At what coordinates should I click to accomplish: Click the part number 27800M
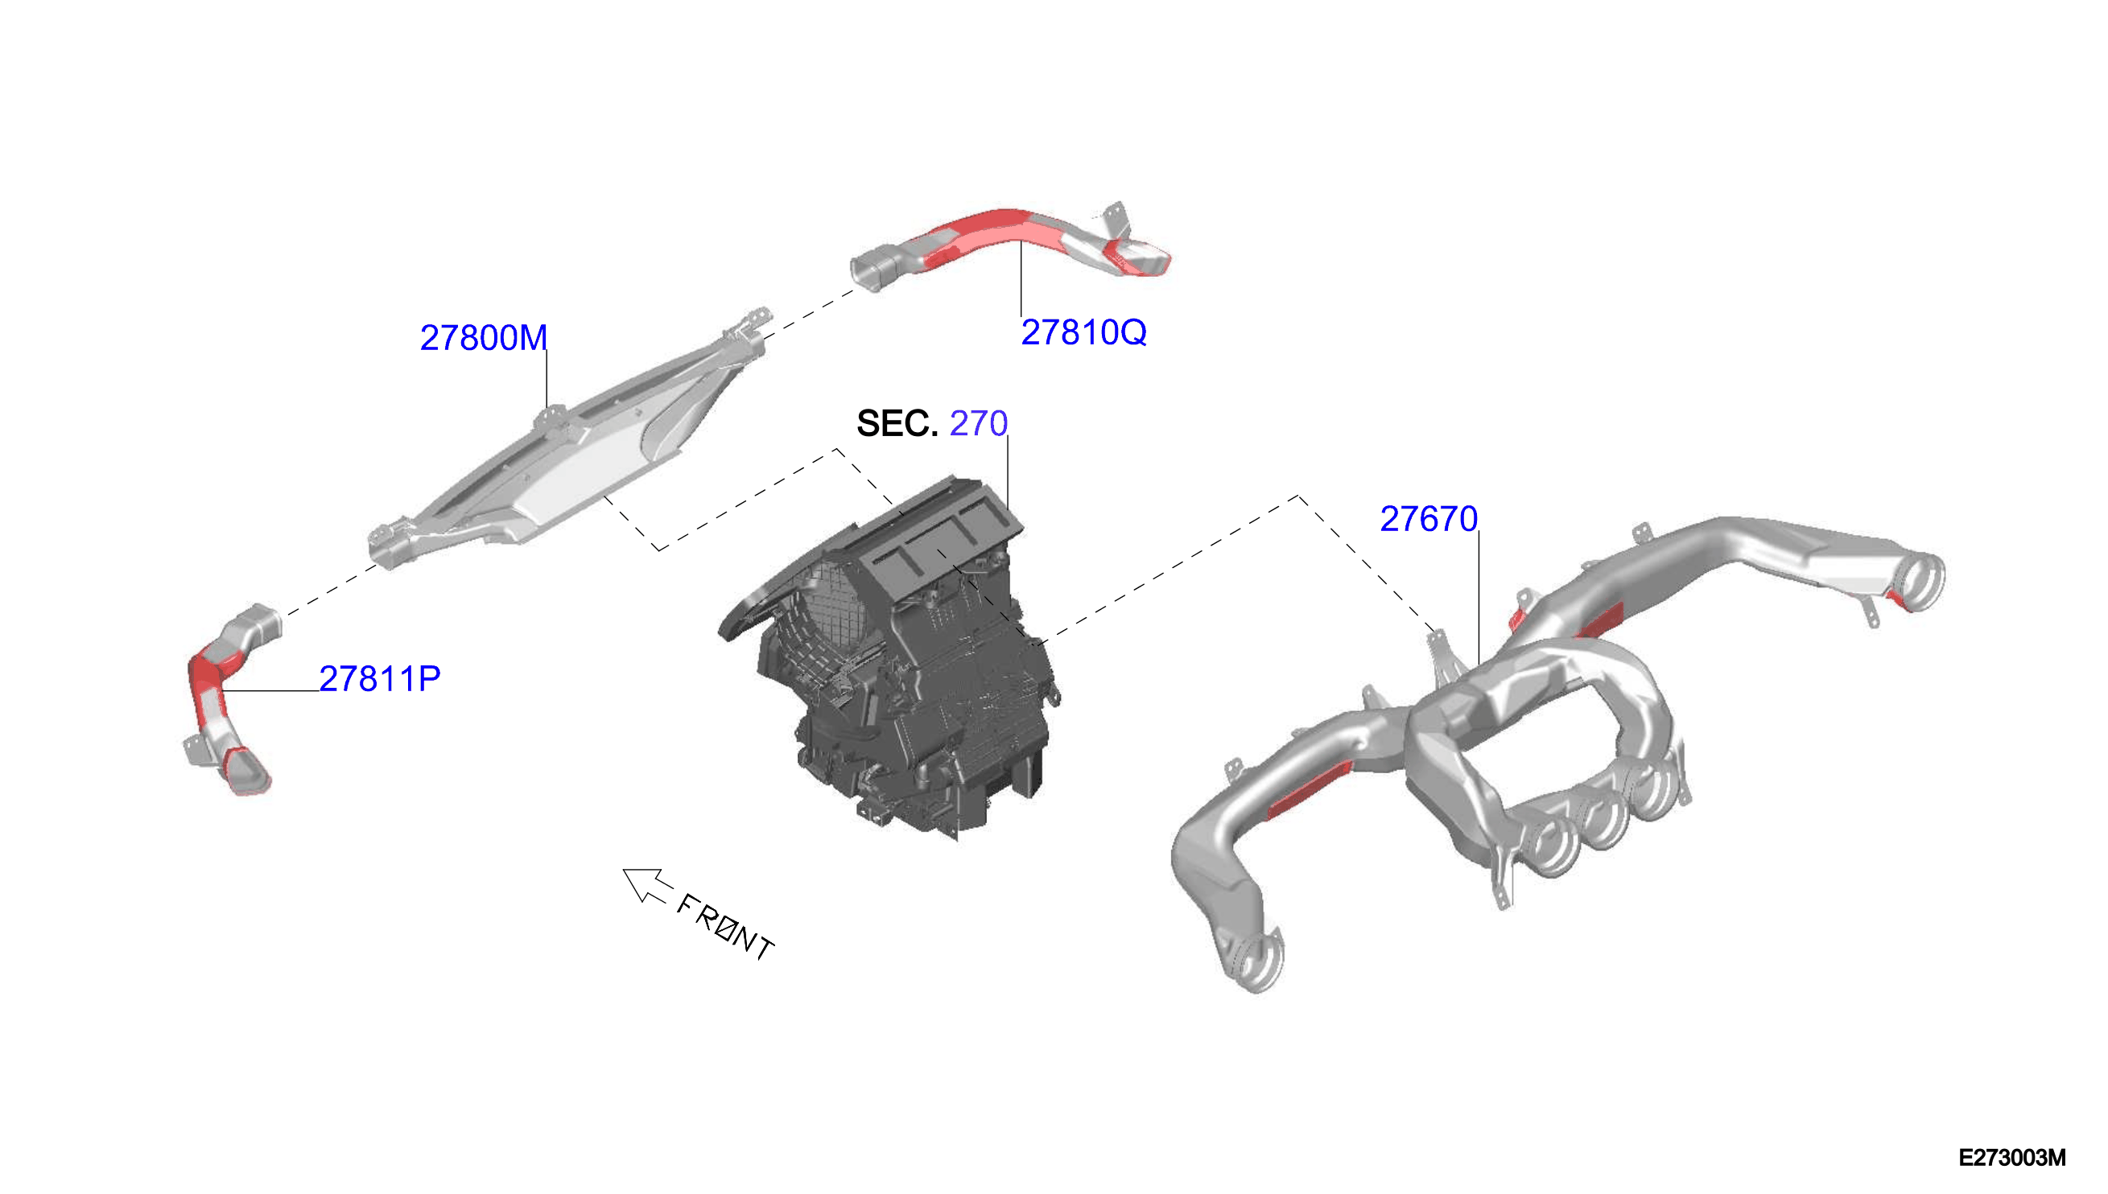click(483, 338)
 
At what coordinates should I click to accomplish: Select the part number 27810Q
click(1083, 332)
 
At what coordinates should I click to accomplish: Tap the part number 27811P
click(380, 679)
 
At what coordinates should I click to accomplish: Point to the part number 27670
click(1429, 519)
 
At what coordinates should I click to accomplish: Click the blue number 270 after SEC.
click(979, 423)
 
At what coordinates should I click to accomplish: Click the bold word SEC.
click(897, 424)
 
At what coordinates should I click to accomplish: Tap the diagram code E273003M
click(2012, 1158)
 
